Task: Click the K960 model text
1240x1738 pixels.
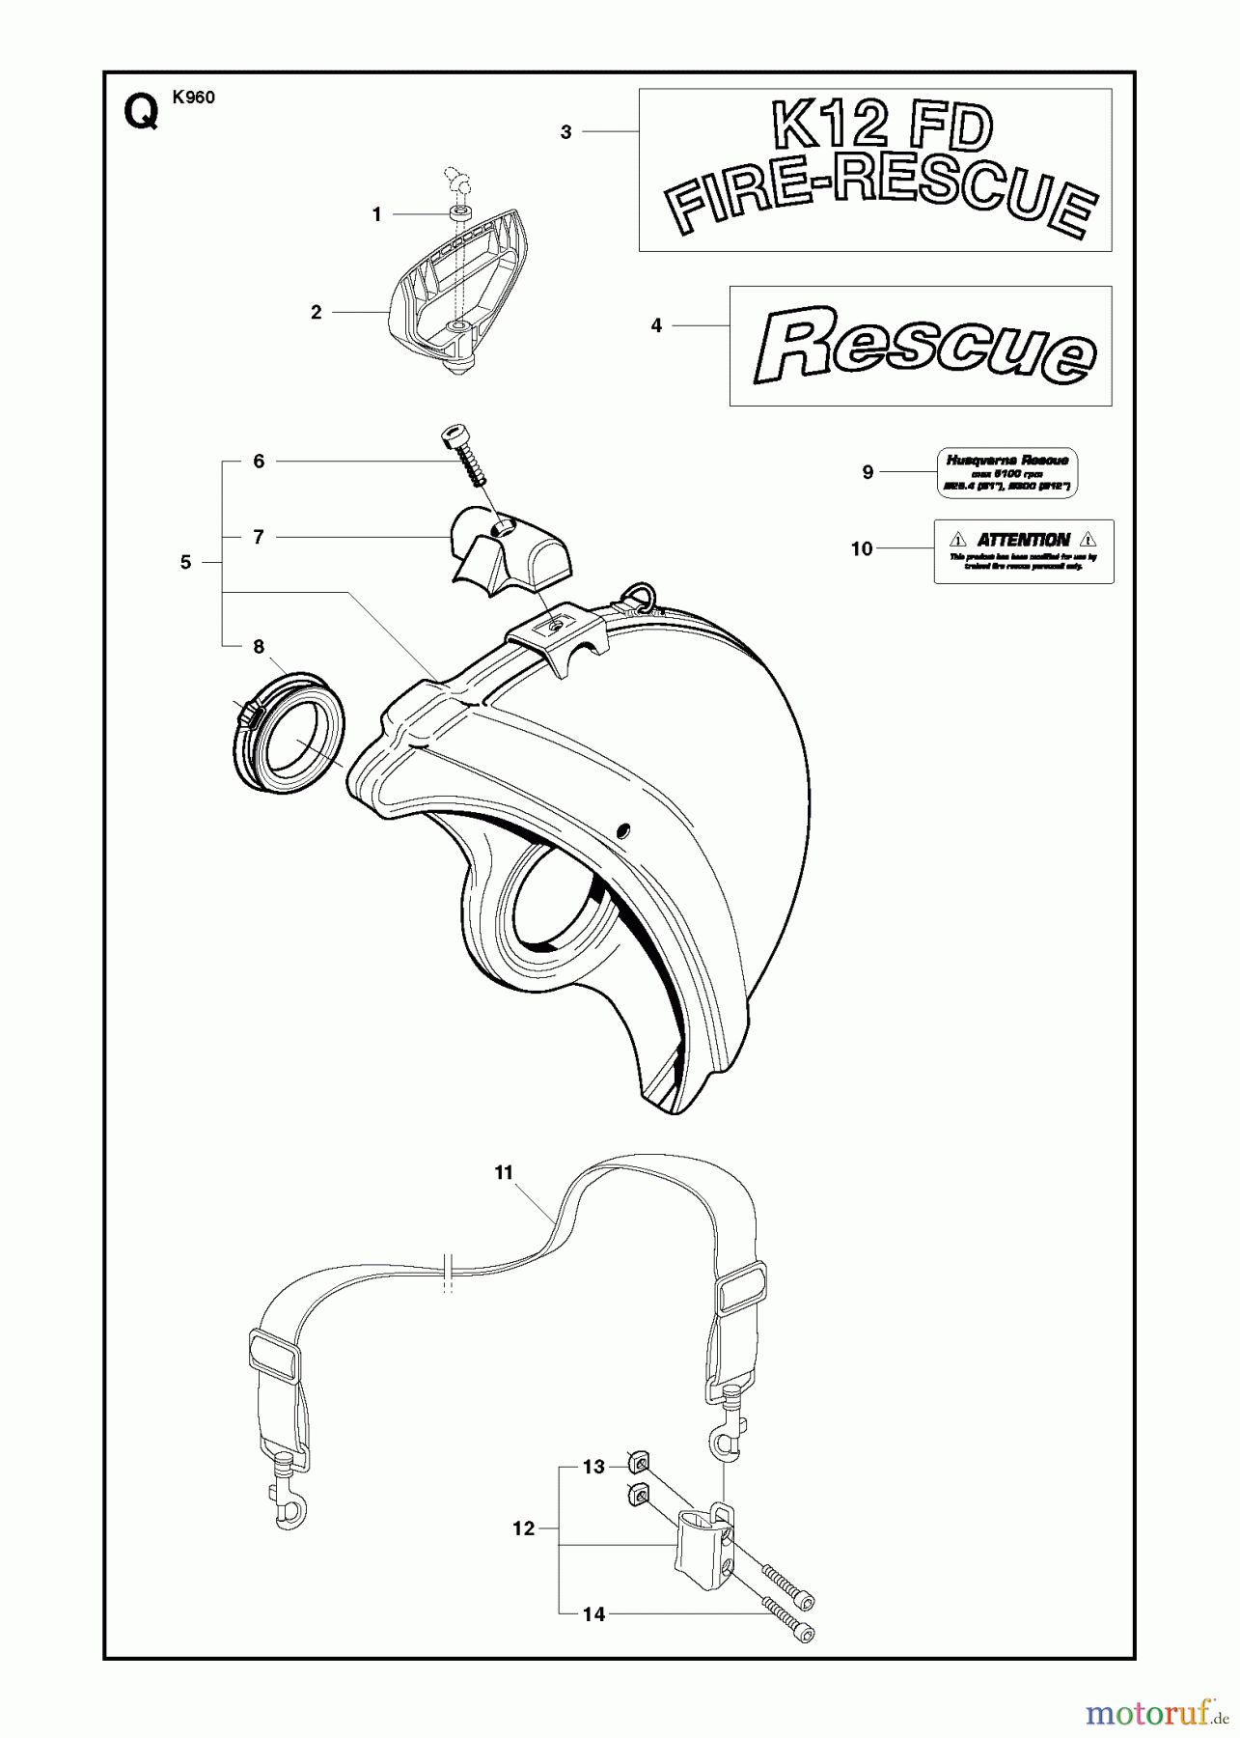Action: (x=194, y=97)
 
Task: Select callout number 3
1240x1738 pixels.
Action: (x=566, y=132)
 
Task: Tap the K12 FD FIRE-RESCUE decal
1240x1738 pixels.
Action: (x=875, y=170)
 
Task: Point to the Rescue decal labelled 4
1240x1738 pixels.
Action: (x=921, y=345)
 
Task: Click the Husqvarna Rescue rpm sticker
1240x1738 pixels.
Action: (x=1006, y=472)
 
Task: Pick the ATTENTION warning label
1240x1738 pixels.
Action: (x=1023, y=550)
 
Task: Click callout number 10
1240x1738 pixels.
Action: (x=861, y=548)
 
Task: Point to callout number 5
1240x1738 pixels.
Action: (x=186, y=562)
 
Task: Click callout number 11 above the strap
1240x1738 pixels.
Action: (x=504, y=1172)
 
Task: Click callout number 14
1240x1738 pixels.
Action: (x=594, y=1612)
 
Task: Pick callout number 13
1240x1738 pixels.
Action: (x=594, y=1467)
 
